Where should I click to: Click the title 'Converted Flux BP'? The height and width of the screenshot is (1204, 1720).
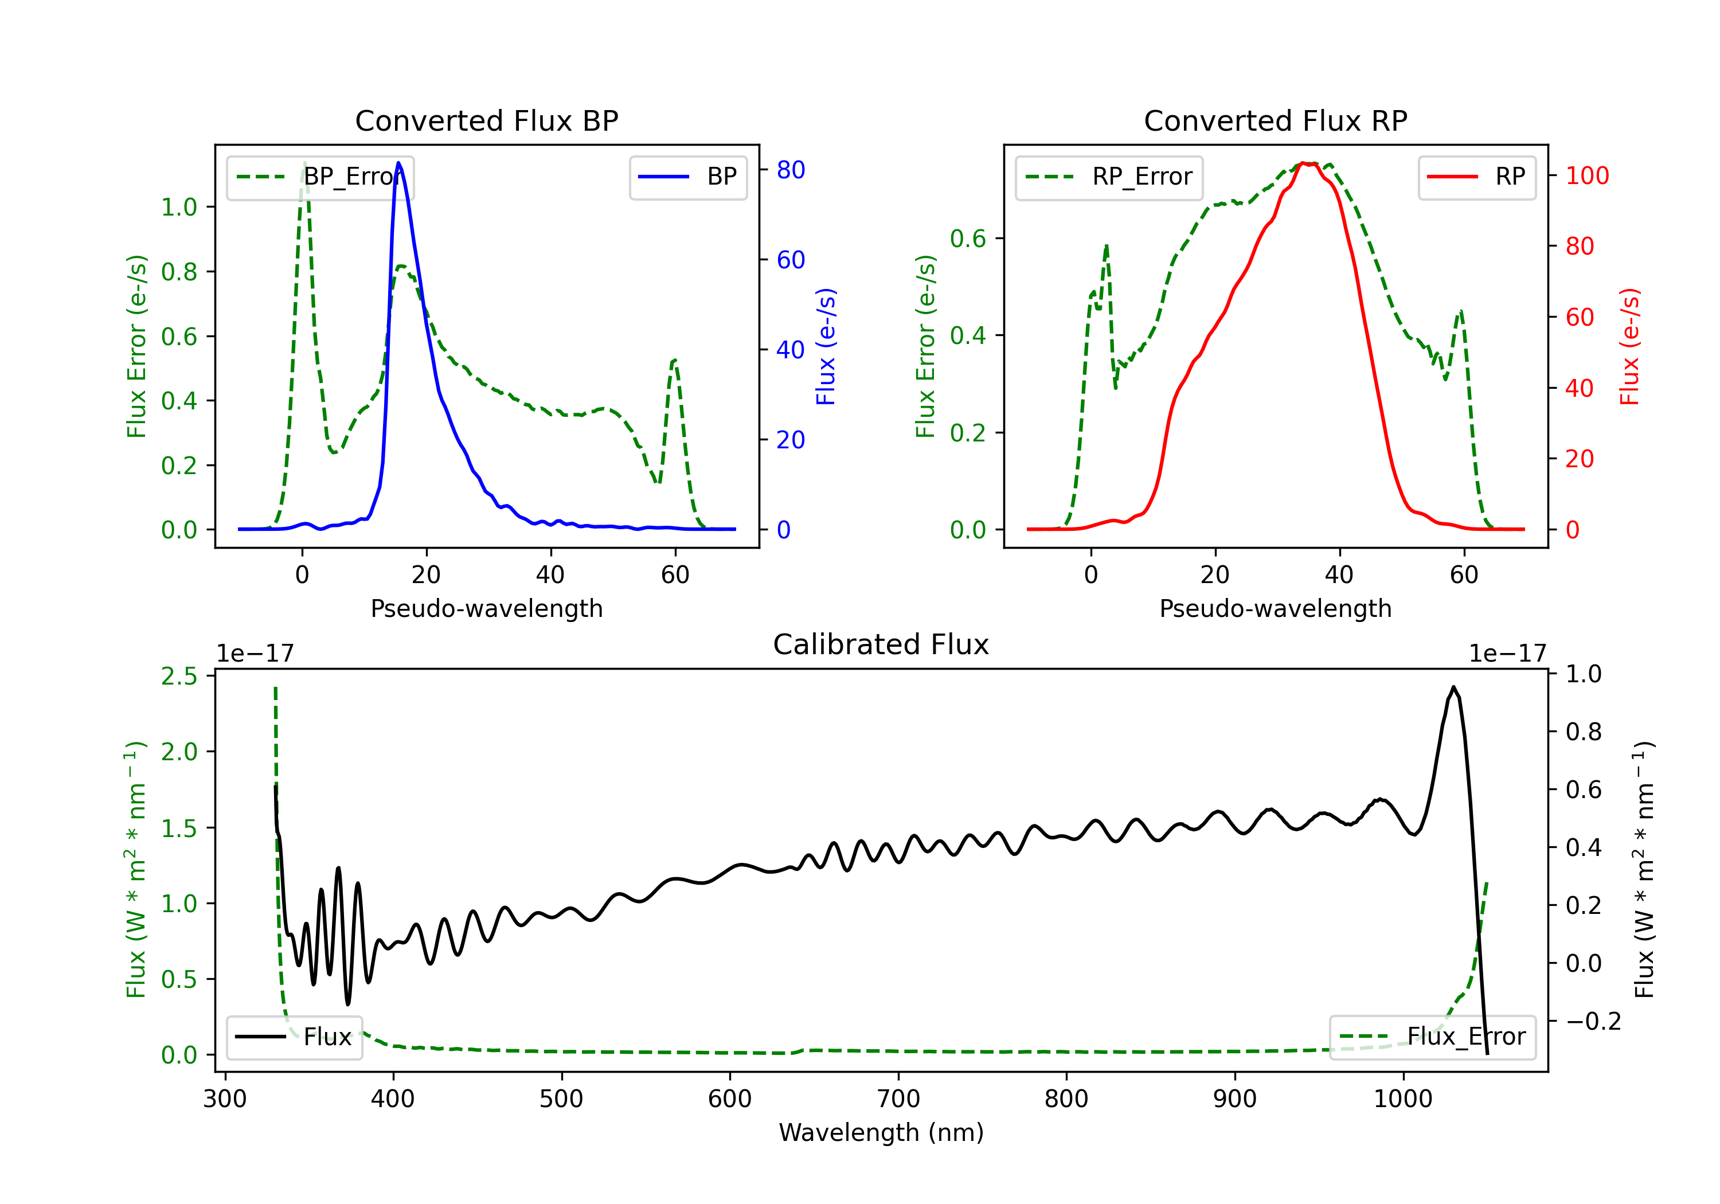pyautogui.click(x=487, y=120)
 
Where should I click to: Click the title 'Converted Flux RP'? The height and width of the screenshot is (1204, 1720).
pyautogui.click(x=1276, y=120)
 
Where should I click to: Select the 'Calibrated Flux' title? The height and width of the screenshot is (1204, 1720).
pyautogui.click(x=881, y=644)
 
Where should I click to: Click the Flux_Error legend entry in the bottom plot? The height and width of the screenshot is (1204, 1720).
pyautogui.click(x=1432, y=1037)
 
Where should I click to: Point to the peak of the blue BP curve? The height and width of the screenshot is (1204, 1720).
pyautogui.click(x=398, y=163)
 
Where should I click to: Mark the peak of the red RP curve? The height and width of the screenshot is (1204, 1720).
pyautogui.click(x=1304, y=163)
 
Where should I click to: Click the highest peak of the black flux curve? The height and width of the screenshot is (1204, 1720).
pyautogui.click(x=1453, y=686)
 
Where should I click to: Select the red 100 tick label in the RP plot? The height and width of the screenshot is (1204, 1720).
pyautogui.click(x=1588, y=176)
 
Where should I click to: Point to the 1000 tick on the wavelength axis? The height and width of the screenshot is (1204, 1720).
pyautogui.click(x=1403, y=1099)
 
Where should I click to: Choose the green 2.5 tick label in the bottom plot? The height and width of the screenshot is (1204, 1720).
pyautogui.click(x=179, y=676)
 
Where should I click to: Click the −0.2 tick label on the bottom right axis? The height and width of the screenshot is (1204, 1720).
pyautogui.click(x=1593, y=1021)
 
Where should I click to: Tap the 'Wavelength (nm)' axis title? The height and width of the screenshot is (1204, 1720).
pyautogui.click(x=881, y=1132)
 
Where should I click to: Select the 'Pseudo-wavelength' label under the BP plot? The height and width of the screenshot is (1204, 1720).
pyautogui.click(x=487, y=608)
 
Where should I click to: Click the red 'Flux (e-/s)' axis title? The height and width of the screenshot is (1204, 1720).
pyautogui.click(x=1630, y=346)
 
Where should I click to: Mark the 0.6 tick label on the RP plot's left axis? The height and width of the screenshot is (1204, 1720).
pyautogui.click(x=968, y=239)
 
